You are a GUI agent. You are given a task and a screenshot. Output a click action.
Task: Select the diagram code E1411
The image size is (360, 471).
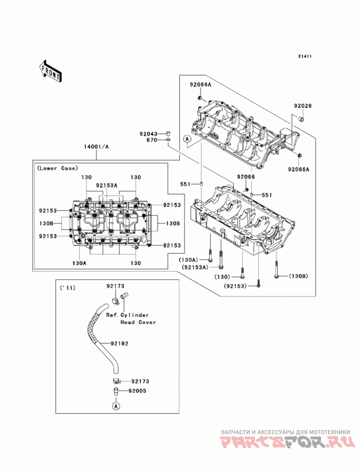click(305, 57)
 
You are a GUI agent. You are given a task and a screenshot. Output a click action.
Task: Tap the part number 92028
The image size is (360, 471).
click(303, 106)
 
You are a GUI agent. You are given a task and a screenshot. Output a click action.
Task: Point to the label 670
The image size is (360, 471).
click(152, 140)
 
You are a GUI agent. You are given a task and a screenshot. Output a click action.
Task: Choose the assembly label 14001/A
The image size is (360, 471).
click(96, 147)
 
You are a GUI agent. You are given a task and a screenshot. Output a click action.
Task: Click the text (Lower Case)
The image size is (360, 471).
click(58, 168)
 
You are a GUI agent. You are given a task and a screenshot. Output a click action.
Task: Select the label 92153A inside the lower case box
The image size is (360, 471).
click(107, 185)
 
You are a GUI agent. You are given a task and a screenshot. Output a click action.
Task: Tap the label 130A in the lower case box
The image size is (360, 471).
click(79, 263)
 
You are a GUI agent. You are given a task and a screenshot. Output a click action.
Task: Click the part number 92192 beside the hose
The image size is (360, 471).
click(119, 343)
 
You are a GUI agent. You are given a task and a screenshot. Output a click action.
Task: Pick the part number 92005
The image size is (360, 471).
click(137, 391)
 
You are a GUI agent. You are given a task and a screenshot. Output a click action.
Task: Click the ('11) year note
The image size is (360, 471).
click(67, 288)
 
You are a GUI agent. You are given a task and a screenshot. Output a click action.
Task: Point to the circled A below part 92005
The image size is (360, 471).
click(116, 406)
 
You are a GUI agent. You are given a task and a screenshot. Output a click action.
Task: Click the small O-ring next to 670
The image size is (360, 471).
click(169, 139)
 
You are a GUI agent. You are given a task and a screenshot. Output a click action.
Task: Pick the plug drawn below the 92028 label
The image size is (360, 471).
click(302, 119)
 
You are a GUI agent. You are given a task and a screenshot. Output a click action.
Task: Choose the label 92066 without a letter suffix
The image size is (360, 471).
click(246, 177)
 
